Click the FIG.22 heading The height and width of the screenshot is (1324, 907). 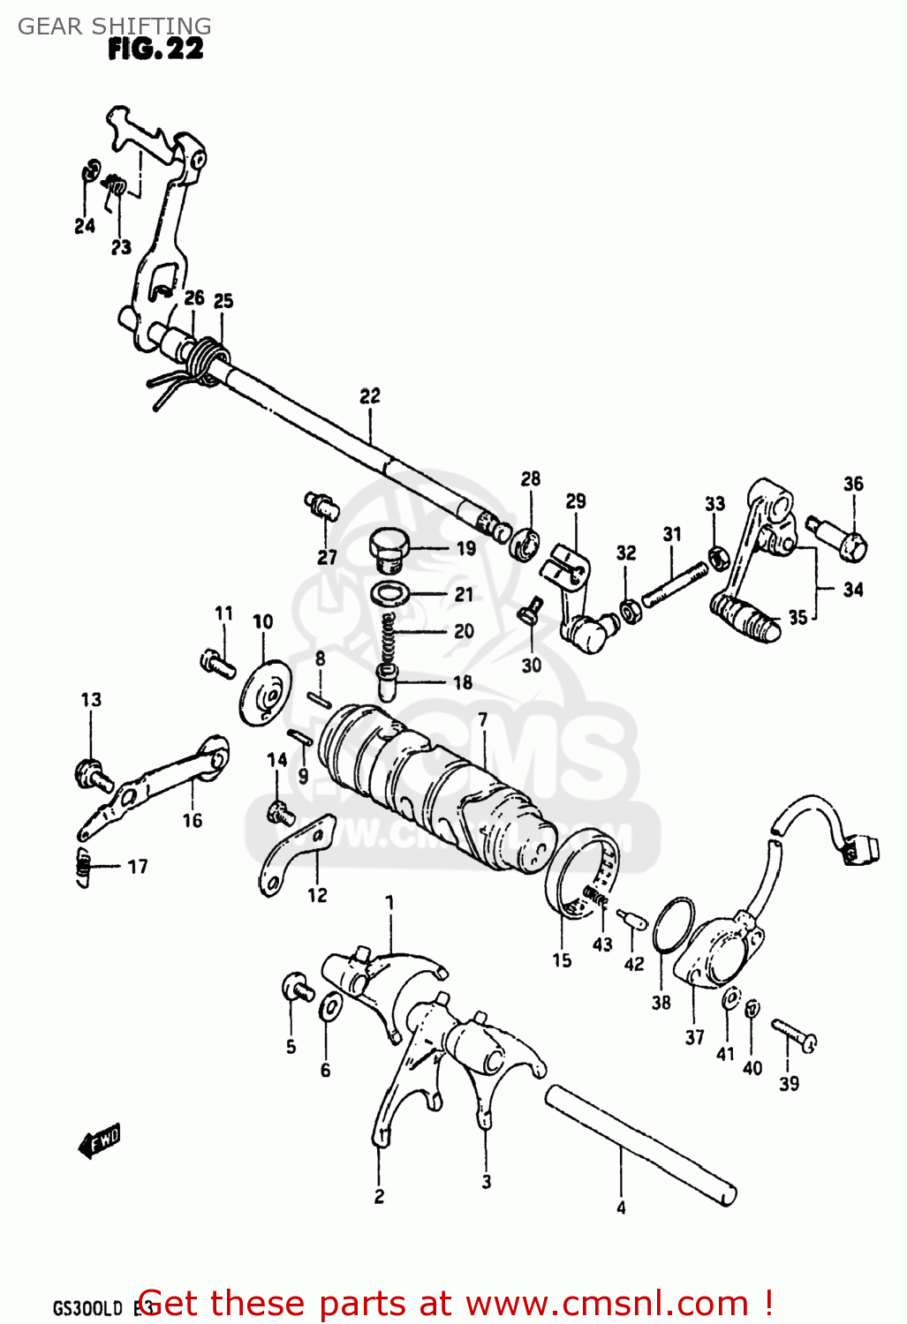(155, 49)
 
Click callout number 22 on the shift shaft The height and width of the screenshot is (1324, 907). (369, 395)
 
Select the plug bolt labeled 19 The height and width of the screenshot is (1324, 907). (387, 549)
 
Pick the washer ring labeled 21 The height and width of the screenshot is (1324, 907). (389, 594)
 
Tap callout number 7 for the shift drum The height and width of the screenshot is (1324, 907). (482, 719)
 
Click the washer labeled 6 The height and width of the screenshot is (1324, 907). (330, 1006)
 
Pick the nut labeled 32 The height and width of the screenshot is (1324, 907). (629, 610)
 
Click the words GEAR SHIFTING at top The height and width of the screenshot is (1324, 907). (114, 26)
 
